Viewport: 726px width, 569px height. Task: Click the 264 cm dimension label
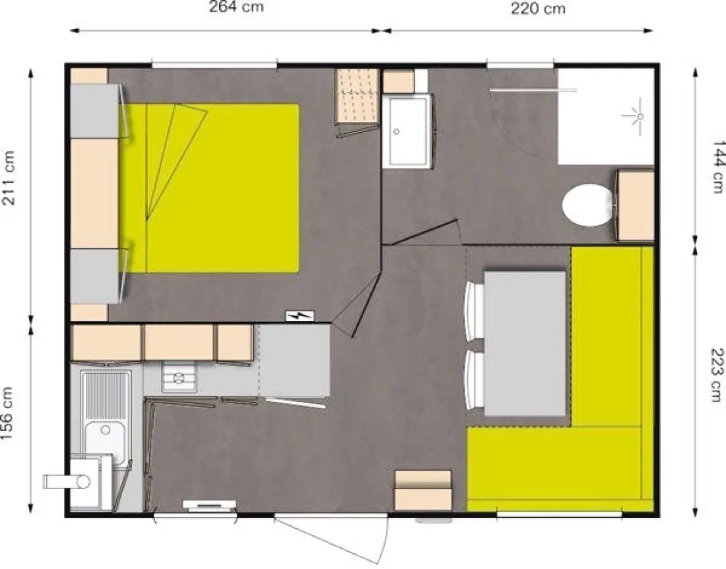coord(236,7)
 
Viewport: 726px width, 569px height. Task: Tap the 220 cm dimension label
coord(538,9)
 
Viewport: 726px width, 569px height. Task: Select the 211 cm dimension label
coord(10,178)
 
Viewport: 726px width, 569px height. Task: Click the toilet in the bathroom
coord(588,205)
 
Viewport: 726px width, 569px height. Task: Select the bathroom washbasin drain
coord(397,131)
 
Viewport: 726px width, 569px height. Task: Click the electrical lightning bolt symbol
coord(300,316)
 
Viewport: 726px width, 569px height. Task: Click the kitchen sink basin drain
coord(106,430)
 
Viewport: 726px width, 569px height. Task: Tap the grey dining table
coord(525,343)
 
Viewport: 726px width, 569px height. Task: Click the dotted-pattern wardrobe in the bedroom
coord(356,96)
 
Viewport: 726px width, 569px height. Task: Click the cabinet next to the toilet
coord(636,205)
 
